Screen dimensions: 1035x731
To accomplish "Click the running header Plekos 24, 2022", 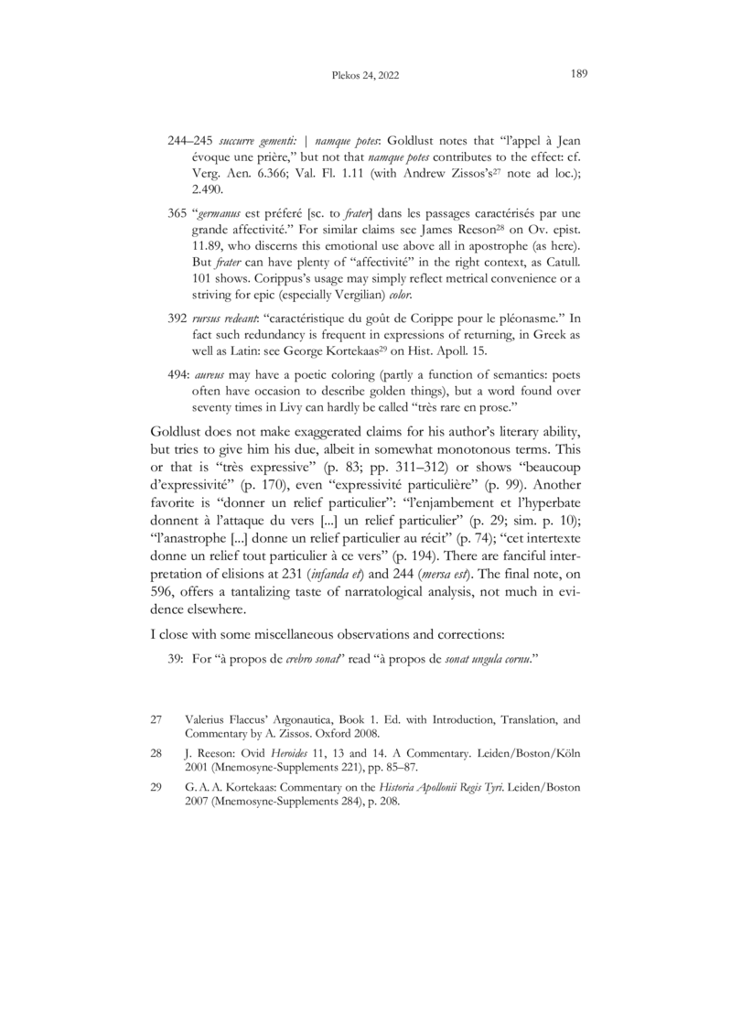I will click(x=365, y=77).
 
